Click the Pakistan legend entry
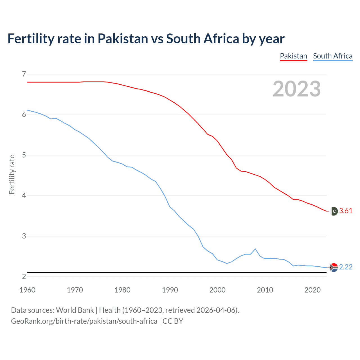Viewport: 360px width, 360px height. tap(293, 56)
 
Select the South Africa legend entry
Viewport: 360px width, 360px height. tap(333, 56)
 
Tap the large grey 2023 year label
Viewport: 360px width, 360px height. tap(296, 89)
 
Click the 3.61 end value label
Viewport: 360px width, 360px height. tap(346, 211)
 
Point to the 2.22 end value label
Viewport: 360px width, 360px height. tap(346, 267)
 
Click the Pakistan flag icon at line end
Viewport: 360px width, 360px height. tap(334, 211)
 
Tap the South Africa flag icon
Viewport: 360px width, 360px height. tap(334, 267)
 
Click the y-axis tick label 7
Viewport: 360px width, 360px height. tap(24, 74)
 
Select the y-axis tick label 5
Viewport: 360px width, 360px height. tap(24, 155)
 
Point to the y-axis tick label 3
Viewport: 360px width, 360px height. tap(24, 236)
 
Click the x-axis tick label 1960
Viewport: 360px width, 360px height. tap(27, 290)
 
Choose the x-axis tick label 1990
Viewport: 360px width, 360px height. tap(170, 290)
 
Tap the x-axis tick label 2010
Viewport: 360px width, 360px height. tap(265, 290)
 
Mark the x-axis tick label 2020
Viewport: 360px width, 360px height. tap(312, 290)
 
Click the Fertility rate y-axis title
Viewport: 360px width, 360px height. tap(12, 174)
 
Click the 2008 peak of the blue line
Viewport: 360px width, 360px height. tap(255, 249)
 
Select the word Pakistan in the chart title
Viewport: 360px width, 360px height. tap(123, 39)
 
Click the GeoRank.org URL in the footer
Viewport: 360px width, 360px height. tap(84, 321)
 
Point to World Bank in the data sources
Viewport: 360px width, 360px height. tap(75, 310)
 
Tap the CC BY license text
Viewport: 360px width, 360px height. tap(173, 321)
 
